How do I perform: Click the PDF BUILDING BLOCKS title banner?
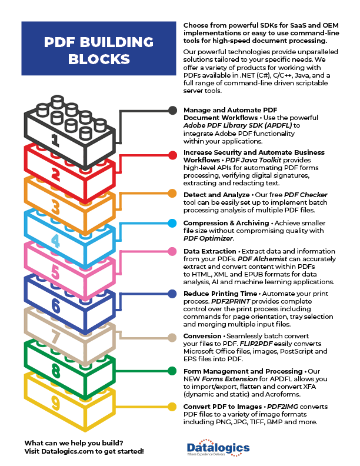click(99, 48)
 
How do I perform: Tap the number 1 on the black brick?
click(55, 140)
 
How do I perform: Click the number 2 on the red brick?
click(55, 174)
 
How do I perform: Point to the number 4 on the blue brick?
click(55, 241)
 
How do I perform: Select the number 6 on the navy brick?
click(55, 305)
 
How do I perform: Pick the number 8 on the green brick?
click(55, 371)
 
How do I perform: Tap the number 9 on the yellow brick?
click(55, 403)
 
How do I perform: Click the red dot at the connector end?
click(172, 155)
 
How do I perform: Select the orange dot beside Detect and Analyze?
click(172, 194)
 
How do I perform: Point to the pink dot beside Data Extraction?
click(172, 251)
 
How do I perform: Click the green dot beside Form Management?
click(172, 371)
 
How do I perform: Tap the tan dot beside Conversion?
click(172, 338)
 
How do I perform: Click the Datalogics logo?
click(218, 448)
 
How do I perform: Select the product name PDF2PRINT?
click(231, 301)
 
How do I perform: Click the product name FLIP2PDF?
click(256, 344)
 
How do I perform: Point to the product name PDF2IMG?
click(282, 407)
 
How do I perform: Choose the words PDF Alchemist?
click(262, 259)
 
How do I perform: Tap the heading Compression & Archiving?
click(226, 223)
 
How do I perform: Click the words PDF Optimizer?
click(208, 238)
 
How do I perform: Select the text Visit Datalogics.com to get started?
click(84, 451)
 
